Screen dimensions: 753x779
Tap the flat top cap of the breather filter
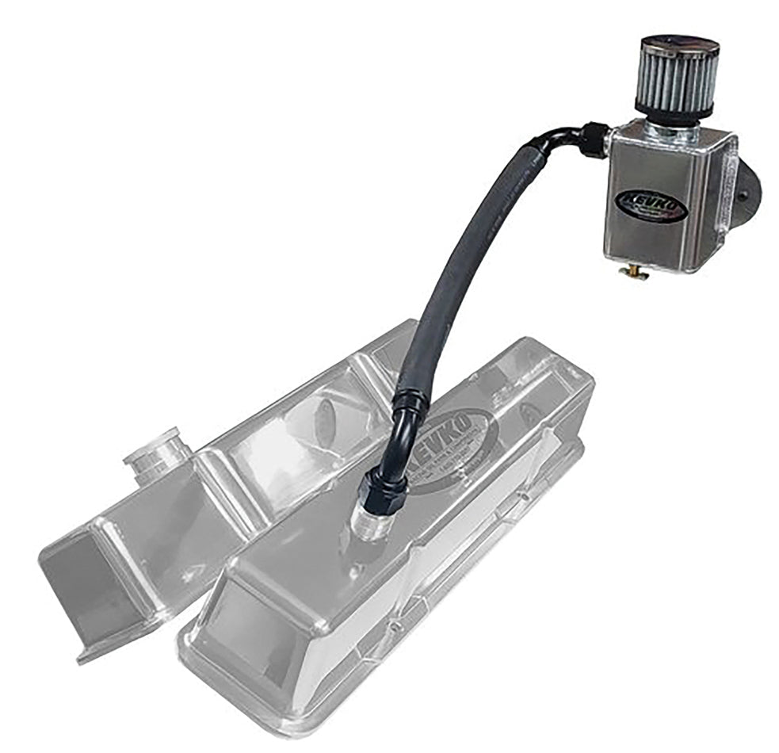[x=677, y=44]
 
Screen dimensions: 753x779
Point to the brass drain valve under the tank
[x=634, y=273]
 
